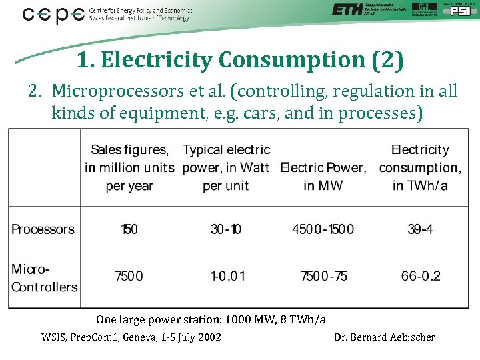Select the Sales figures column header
[x=129, y=167]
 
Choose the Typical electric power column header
[x=226, y=167]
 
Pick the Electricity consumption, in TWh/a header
[x=420, y=167]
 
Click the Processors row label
[x=43, y=229]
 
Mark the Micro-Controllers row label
[x=44, y=278]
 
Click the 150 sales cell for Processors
[x=129, y=229]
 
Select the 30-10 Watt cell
[x=226, y=229]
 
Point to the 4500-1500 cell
[x=323, y=229]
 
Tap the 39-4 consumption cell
[x=420, y=229]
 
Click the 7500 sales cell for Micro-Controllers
[x=129, y=275]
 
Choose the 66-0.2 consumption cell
[x=421, y=275]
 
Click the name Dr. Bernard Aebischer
[x=384, y=337]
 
